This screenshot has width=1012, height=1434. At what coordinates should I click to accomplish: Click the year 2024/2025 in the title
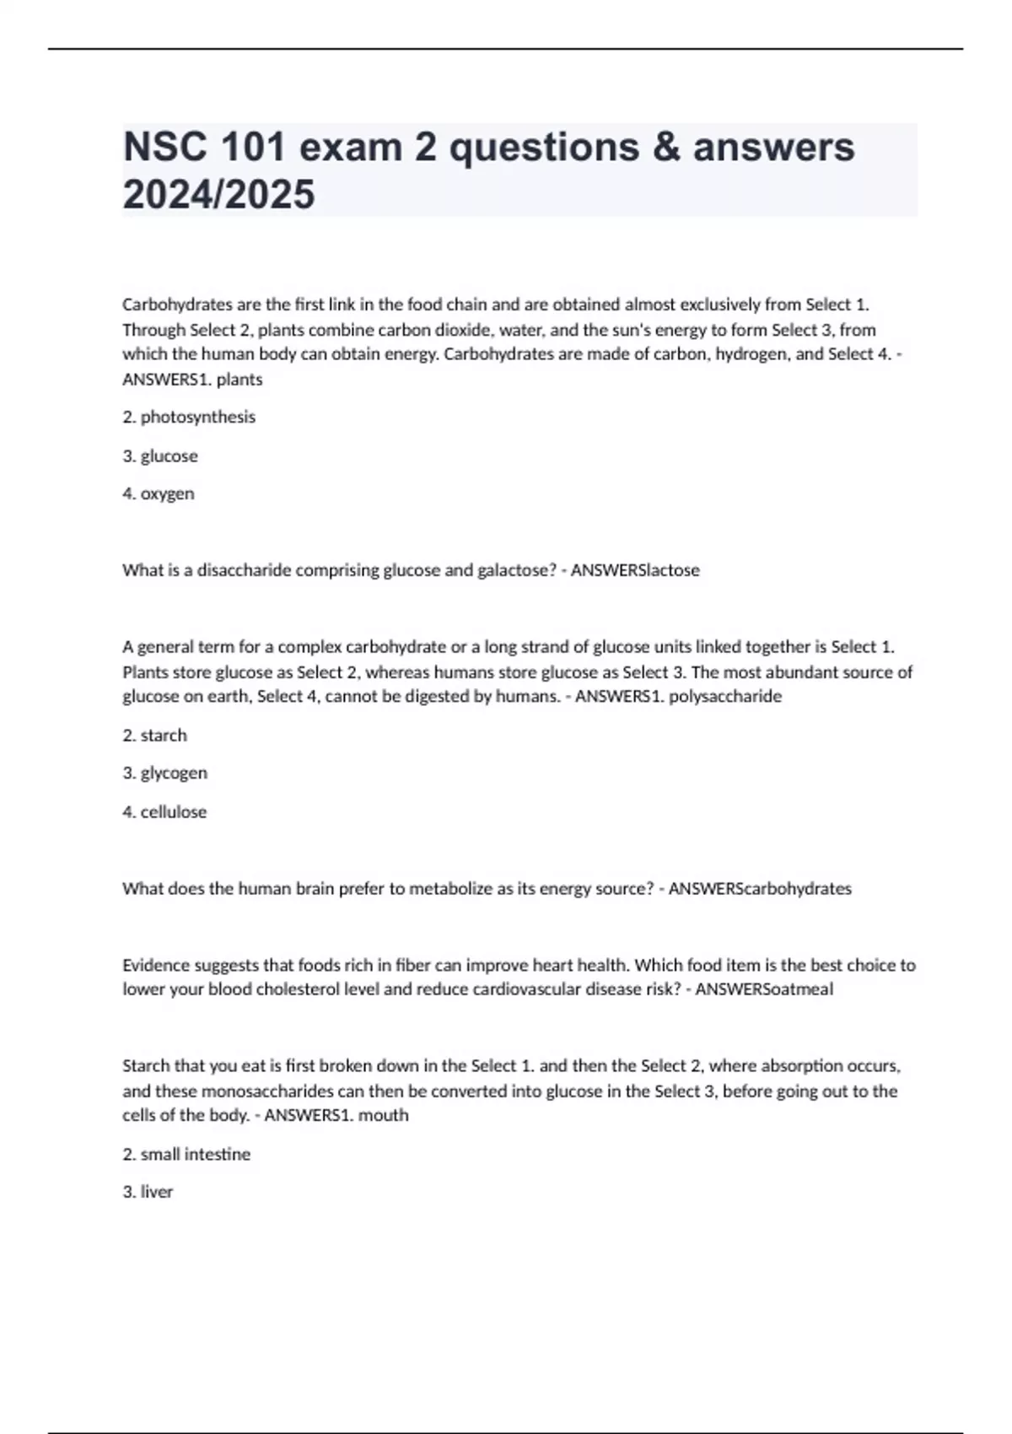point(218,195)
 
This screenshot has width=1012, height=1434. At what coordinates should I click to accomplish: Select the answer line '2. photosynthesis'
point(189,417)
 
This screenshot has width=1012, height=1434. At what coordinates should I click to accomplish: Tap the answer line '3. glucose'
point(160,456)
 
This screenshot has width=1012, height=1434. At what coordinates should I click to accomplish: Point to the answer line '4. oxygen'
point(159,493)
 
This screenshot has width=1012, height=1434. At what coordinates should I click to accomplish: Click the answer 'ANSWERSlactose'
point(635,570)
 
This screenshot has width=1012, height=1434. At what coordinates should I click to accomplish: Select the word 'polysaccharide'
point(725,697)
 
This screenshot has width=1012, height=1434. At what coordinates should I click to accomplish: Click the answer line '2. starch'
point(155,736)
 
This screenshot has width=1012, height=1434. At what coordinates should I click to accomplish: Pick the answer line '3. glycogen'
point(165,774)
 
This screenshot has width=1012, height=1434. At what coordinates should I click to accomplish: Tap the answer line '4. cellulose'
point(164,811)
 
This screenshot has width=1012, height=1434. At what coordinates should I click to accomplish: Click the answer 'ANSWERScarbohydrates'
point(760,888)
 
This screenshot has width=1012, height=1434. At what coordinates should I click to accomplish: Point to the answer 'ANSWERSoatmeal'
point(764,989)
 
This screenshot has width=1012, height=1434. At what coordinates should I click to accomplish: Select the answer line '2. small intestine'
point(186,1154)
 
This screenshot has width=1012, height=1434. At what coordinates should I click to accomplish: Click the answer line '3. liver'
point(148,1192)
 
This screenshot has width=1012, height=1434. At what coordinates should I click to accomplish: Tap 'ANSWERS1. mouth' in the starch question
point(336,1115)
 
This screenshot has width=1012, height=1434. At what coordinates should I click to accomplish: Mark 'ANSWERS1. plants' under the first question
point(192,380)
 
